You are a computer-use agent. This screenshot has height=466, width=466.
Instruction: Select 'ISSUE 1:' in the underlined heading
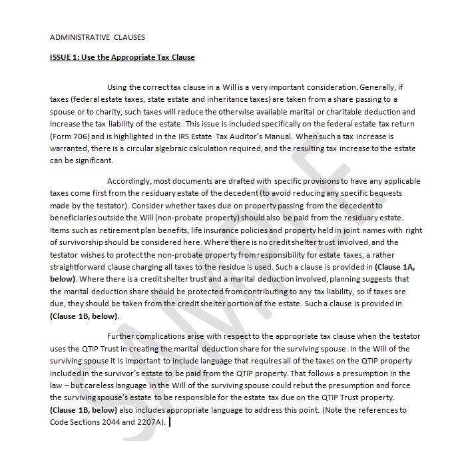65,57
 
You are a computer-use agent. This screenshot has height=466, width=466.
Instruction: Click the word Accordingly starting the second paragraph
132,180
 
